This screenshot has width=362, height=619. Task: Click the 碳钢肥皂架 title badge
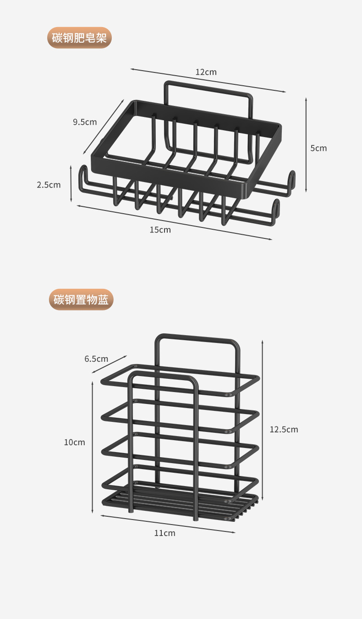coord(79,38)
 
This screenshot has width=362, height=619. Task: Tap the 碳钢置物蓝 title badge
coord(81,300)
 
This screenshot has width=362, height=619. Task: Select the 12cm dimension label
coord(206,72)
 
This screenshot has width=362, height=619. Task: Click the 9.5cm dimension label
coord(85,122)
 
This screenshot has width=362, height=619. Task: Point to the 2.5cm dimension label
coord(49,185)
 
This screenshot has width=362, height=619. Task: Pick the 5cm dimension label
coord(318,148)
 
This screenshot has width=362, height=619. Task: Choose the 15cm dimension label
coord(160,230)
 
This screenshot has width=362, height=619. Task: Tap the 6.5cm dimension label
coord(96,359)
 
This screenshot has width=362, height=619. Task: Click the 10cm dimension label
coord(74,442)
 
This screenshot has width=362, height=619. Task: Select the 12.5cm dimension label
coord(284,429)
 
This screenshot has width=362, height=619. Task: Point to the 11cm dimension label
coord(165,533)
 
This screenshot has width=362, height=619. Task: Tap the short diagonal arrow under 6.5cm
coord(109,364)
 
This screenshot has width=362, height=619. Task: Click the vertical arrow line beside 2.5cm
coord(71,184)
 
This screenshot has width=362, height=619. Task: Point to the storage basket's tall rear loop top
coord(197,338)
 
